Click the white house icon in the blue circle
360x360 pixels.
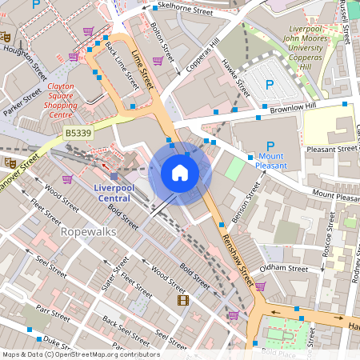180,173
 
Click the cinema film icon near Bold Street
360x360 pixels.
184,301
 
